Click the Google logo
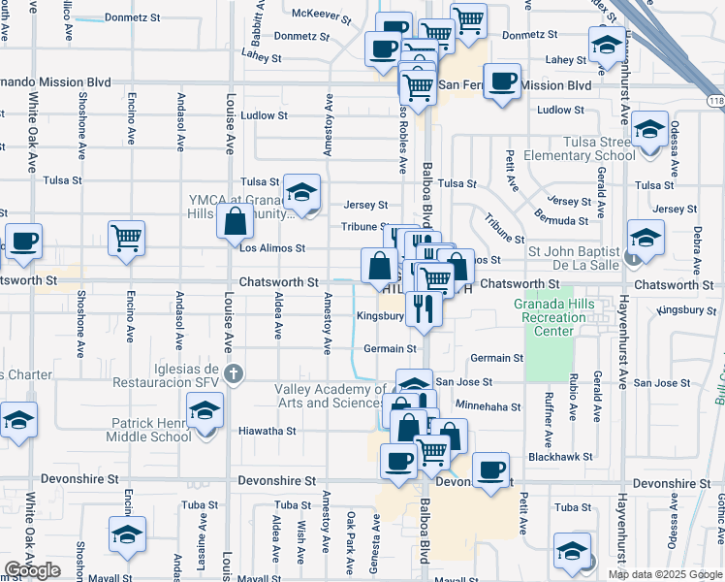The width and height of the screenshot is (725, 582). [33, 570]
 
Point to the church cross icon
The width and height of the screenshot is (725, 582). [233, 372]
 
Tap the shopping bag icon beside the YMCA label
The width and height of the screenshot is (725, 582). [236, 222]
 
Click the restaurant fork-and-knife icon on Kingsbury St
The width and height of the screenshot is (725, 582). [424, 307]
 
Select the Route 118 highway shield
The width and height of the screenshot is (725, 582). [715, 101]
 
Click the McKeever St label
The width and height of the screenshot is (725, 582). [322, 14]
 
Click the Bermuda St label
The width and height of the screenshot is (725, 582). [561, 221]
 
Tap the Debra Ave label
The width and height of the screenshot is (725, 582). [697, 246]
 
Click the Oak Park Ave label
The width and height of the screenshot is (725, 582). [350, 536]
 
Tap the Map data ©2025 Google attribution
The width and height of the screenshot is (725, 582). [665, 574]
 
